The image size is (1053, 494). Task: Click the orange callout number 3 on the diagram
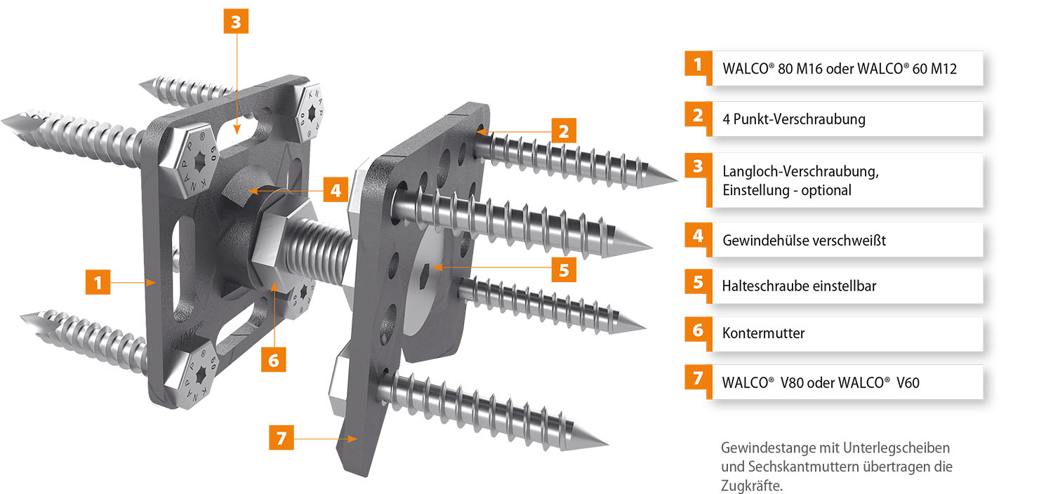coord(236,21)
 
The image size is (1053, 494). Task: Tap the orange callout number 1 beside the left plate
coord(98,282)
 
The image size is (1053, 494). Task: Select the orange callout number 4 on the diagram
coord(336,189)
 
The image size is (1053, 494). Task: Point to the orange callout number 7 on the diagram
coord(281,438)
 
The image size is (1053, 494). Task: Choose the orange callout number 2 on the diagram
coord(564,131)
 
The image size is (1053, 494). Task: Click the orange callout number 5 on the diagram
coord(564,269)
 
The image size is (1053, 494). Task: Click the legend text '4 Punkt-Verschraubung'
coord(793,119)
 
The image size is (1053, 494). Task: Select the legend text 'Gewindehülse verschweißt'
coord(804,240)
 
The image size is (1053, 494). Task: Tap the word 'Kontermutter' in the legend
coord(764,333)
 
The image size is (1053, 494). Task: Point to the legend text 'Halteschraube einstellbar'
coord(799,286)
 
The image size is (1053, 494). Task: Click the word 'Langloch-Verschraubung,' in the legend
coord(800,171)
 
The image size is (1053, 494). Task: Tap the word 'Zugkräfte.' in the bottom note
coord(752,486)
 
